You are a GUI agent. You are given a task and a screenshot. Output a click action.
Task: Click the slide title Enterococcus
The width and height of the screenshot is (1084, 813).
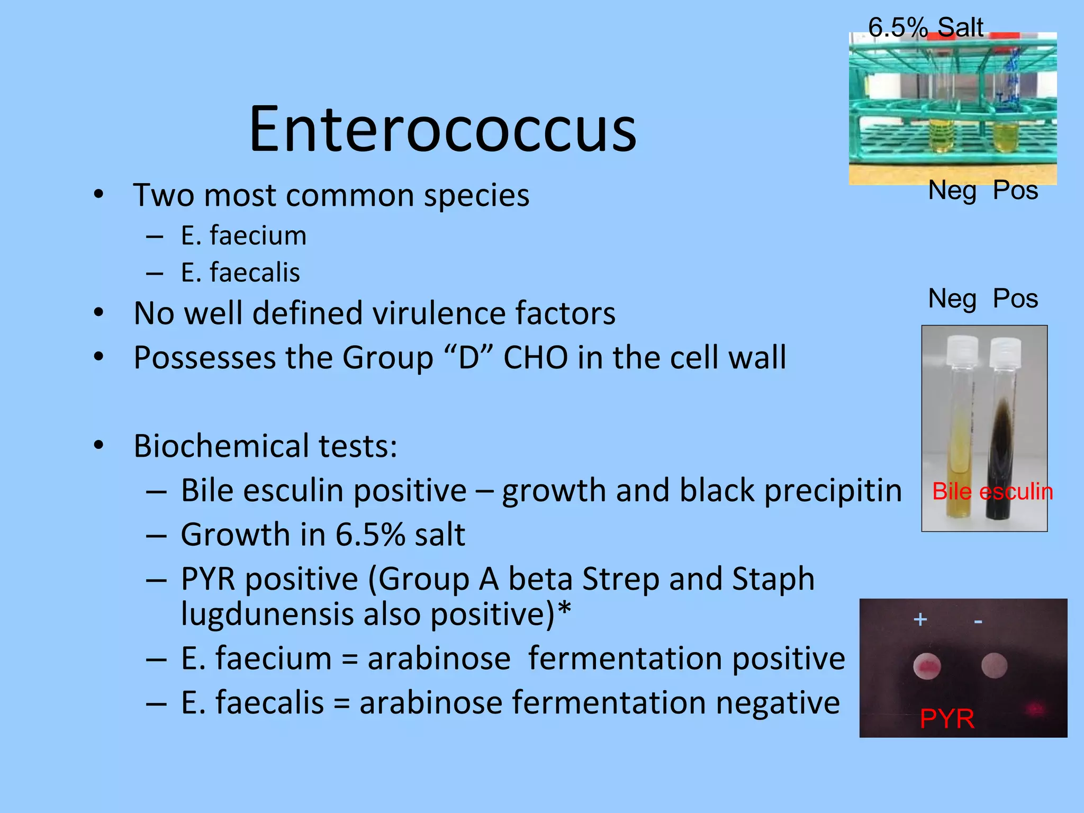(x=442, y=129)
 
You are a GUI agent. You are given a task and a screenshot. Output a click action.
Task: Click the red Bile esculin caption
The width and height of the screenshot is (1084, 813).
(x=992, y=492)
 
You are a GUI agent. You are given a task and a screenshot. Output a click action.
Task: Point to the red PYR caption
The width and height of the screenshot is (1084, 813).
(x=947, y=719)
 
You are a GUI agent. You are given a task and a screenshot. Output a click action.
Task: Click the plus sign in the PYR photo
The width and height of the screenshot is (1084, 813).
(x=920, y=619)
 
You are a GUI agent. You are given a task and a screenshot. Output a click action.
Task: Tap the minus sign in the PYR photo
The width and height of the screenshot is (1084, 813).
(x=978, y=621)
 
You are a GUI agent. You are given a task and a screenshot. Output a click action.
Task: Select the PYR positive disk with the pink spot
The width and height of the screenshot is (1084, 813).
(x=927, y=666)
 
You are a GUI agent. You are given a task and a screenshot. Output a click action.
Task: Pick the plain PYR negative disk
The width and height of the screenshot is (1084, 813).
(x=994, y=665)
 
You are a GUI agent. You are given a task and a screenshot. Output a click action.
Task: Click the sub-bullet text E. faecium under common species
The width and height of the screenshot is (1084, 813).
(x=243, y=236)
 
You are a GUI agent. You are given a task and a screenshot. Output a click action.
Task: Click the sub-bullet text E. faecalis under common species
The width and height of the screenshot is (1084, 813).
(x=240, y=273)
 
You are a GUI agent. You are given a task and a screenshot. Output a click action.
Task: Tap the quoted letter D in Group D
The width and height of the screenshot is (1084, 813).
(x=469, y=358)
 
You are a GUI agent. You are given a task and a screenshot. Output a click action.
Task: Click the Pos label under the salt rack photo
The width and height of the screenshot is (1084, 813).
(x=1015, y=190)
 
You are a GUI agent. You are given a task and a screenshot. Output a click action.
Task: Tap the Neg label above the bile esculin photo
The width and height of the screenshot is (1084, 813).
(x=952, y=299)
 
